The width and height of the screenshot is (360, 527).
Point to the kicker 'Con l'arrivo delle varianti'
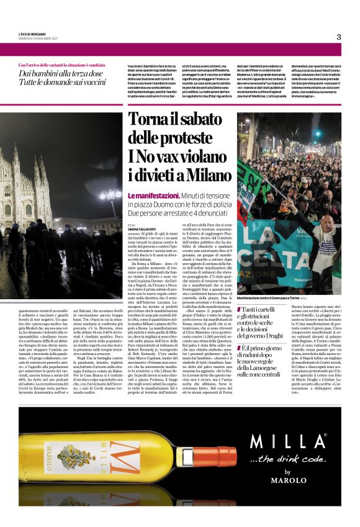point(61,65)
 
